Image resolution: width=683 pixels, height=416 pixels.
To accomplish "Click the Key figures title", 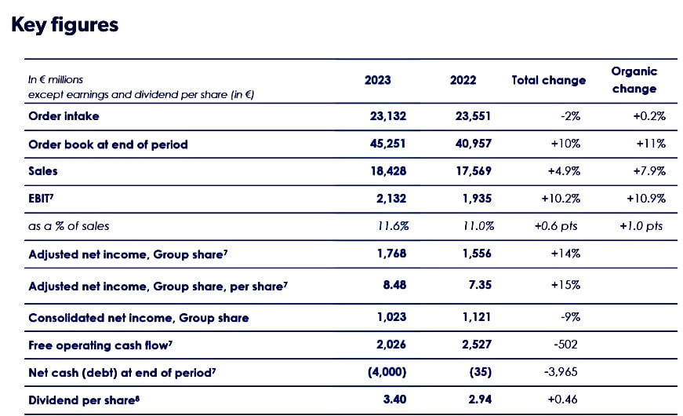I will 64,25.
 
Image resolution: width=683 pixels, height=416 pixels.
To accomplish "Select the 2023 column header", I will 378,80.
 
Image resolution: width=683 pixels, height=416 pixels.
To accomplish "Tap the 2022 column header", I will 463,80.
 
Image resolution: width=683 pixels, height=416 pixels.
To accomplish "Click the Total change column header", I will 548,80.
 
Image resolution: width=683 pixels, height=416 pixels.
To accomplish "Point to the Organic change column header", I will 634,79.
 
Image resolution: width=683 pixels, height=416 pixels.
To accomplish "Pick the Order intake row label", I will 64,116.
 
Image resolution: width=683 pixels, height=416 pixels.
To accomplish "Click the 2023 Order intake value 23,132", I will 388,116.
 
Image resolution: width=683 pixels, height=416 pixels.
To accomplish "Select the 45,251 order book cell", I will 388,144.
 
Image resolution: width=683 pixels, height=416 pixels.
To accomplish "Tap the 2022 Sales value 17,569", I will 473,170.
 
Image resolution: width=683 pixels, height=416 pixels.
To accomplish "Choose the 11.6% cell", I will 394,226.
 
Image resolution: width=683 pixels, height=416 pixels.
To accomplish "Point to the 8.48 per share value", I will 394,285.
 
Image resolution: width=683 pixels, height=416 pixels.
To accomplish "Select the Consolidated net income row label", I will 138,318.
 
